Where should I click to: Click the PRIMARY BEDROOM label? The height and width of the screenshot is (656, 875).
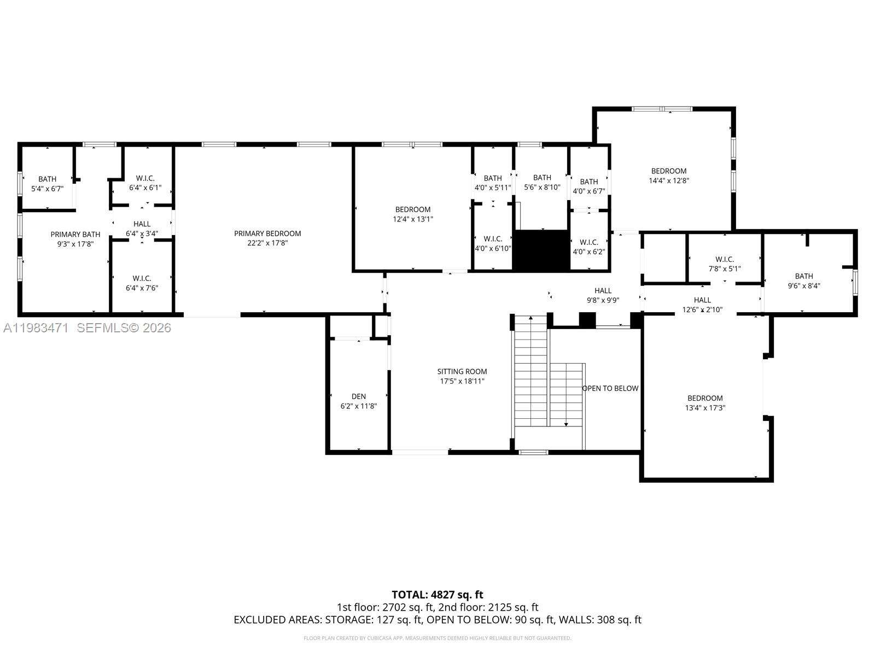point(267,233)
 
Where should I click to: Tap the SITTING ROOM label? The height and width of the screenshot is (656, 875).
point(462,372)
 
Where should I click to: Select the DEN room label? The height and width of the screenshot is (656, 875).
point(359,396)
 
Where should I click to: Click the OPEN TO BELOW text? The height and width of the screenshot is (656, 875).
point(610,388)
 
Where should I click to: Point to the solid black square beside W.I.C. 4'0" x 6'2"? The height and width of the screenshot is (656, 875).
point(541,250)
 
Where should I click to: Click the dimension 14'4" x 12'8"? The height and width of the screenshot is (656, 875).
point(668,180)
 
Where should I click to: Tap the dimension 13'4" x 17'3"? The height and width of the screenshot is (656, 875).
point(705,408)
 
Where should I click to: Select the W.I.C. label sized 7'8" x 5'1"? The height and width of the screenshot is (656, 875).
point(725,259)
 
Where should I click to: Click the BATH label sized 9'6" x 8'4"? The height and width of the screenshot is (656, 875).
point(804,276)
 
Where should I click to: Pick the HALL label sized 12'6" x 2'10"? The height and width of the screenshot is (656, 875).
point(702,300)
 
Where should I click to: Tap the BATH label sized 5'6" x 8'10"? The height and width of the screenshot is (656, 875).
point(542,177)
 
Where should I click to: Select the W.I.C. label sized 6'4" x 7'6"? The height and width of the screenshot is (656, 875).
point(142,278)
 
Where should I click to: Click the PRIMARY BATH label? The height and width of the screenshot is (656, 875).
point(75,235)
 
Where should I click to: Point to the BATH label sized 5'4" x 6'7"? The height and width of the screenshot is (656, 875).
point(48,179)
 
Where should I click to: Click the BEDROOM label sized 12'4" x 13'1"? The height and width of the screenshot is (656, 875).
point(413,209)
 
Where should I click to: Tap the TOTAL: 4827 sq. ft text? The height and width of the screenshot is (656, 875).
point(437,594)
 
